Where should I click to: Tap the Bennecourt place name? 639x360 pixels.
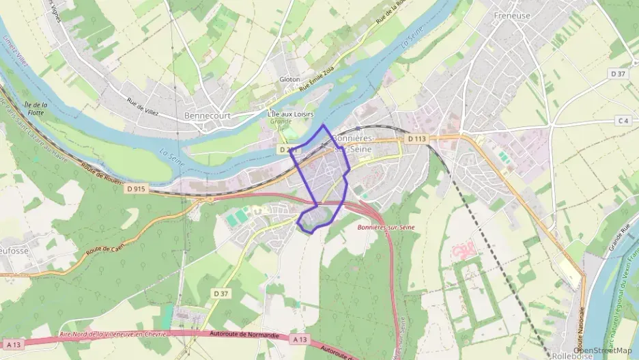pos(208,115)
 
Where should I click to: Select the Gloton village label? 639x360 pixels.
pos(289,79)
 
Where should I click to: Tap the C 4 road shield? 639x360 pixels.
pos(622,121)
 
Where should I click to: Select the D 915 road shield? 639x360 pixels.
pos(135,189)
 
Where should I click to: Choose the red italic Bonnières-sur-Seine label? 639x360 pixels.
pos(386,226)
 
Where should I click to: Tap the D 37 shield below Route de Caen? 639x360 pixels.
pos(220,293)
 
